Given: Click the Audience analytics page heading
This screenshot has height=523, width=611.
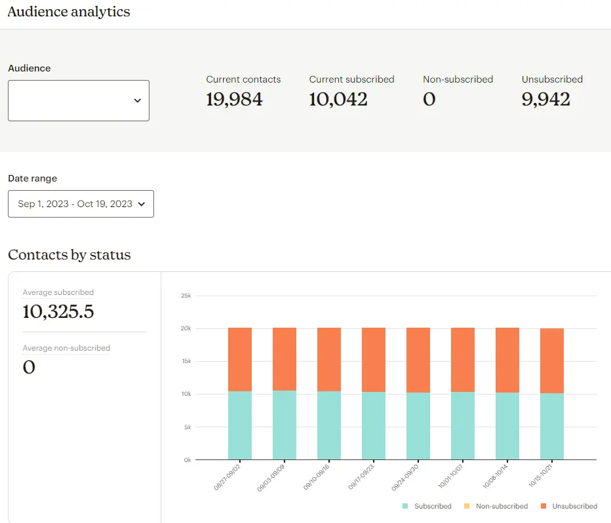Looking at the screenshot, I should pyautogui.click(x=69, y=12).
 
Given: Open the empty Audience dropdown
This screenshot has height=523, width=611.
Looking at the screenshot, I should pyautogui.click(x=79, y=100).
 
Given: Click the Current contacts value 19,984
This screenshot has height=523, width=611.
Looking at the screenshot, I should pyautogui.click(x=234, y=100).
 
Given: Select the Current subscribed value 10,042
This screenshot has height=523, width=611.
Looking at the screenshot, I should pyautogui.click(x=338, y=100).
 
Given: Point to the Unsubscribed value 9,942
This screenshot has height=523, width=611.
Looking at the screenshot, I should pyautogui.click(x=545, y=100).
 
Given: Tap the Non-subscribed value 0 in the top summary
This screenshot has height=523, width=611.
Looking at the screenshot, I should pyautogui.click(x=429, y=100).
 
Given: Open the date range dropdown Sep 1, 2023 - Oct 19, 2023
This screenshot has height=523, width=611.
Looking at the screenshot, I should pyautogui.click(x=81, y=204).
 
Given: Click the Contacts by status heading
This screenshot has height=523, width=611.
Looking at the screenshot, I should pyautogui.click(x=69, y=255).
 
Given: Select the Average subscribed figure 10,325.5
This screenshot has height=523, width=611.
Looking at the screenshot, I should pyautogui.click(x=58, y=312).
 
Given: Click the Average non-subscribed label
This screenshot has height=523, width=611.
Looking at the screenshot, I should pyautogui.click(x=66, y=348).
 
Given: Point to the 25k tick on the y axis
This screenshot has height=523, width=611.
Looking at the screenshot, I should pyautogui.click(x=186, y=296).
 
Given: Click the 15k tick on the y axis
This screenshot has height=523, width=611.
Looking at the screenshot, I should pyautogui.click(x=186, y=361).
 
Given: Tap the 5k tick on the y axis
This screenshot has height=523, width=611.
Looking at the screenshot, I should pyautogui.click(x=186, y=427).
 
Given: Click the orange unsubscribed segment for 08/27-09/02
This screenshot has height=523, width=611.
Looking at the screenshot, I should pyautogui.click(x=240, y=359).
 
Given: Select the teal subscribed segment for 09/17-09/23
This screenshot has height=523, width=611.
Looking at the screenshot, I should pyautogui.click(x=374, y=426).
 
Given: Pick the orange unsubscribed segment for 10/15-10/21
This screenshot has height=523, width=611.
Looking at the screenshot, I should pyautogui.click(x=552, y=360).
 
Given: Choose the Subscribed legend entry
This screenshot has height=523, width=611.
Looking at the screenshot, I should pyautogui.click(x=427, y=506).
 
